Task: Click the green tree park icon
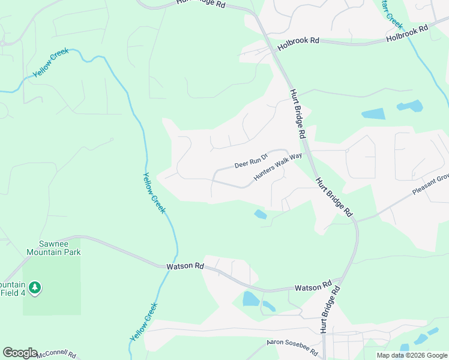pos(35,288)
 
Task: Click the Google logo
pos(20,353)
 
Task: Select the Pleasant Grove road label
pos(430,185)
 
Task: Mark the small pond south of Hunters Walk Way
pos(261,214)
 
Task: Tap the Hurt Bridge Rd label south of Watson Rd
pos(331,309)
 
